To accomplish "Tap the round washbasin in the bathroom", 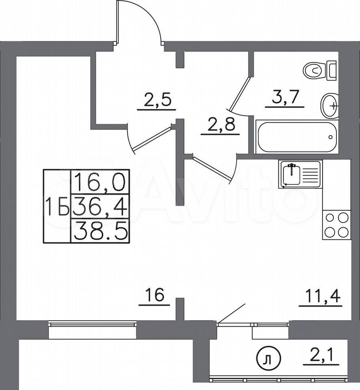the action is pyautogui.click(x=330, y=106).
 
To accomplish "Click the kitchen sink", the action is pyautogui.click(x=300, y=173).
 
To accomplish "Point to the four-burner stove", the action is pyautogui.click(x=336, y=225).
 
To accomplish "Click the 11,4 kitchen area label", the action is pyautogui.click(x=321, y=296).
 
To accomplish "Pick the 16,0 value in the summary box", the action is pyautogui.click(x=100, y=182).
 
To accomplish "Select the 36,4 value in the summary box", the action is pyautogui.click(x=100, y=206).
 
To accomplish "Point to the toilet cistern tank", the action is pyautogui.click(x=332, y=71).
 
